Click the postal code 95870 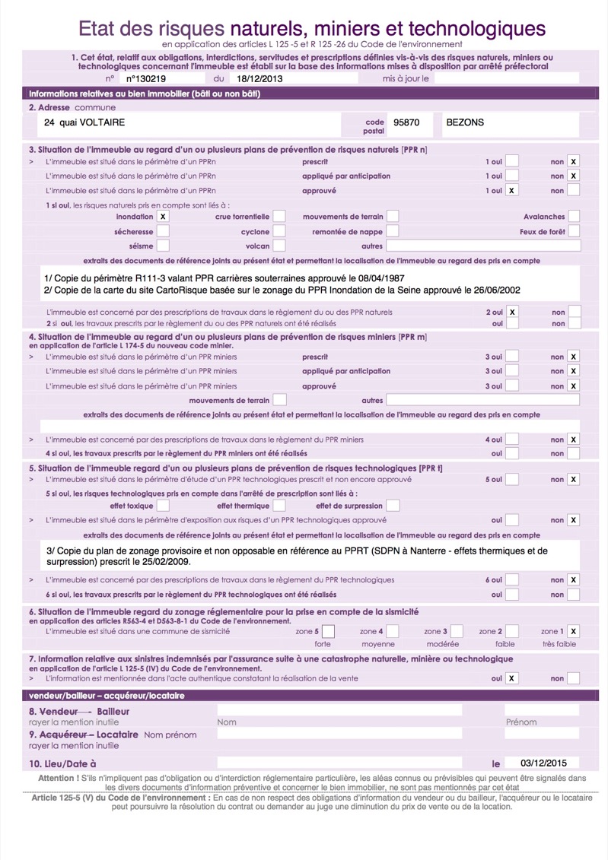point(406,122)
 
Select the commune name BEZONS point(464,122)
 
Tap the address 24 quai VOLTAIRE point(84,122)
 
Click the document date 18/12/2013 point(259,78)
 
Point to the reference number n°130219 point(145,78)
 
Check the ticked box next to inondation point(163,217)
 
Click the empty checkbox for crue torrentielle point(279,217)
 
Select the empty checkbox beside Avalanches point(574,217)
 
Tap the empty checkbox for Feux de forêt point(574,231)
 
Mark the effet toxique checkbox point(164,506)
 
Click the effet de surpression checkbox point(393,506)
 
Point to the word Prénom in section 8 point(521,722)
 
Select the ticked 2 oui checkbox point(513,312)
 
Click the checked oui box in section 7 point(513,678)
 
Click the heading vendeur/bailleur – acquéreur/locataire point(107,695)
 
